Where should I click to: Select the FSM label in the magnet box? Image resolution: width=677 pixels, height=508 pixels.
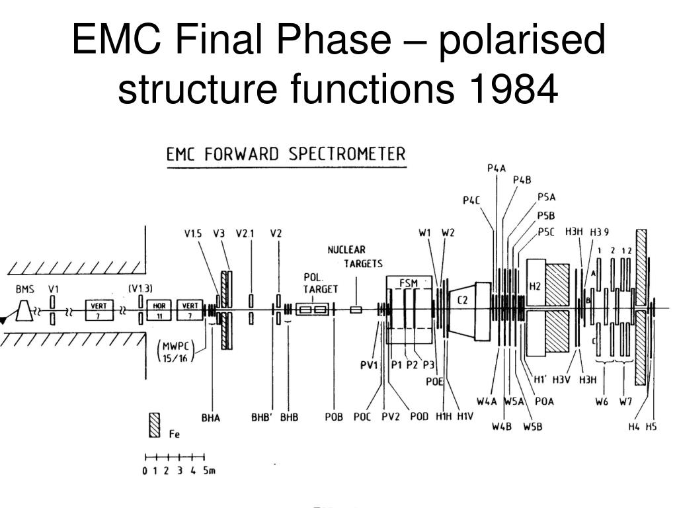pos(408,283)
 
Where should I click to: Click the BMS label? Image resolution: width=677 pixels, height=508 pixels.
pos(25,290)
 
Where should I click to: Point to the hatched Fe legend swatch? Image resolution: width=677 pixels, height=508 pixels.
pos(155,425)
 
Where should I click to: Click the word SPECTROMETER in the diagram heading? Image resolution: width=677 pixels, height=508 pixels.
pos(348,155)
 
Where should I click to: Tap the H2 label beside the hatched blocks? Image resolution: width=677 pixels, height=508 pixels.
pos(535,286)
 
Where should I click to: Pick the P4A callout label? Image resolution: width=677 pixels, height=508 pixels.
pos(496,168)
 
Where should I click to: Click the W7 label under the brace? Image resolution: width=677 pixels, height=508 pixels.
pos(626,402)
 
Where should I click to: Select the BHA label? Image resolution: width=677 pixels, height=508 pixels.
pos(210,418)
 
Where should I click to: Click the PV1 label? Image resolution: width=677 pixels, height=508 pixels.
pos(369,364)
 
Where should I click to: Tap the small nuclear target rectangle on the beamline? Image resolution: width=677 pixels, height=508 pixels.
pos(356,310)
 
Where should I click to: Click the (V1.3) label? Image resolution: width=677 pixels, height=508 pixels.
pos(140,288)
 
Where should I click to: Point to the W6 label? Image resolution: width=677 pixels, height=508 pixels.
pos(601,402)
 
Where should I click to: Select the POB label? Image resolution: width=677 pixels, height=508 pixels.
pos(334,418)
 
